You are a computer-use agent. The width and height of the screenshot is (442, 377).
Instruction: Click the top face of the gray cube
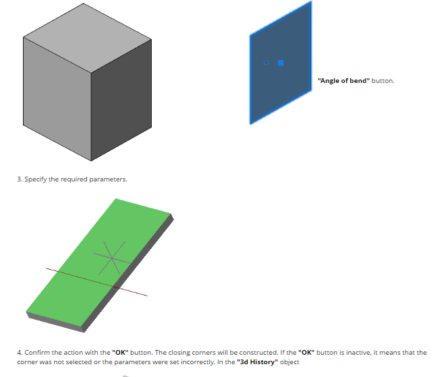tap(87, 38)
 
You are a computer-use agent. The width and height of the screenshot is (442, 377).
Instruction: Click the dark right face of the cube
tap(121, 100)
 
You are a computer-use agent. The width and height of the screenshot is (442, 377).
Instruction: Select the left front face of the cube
tap(57, 98)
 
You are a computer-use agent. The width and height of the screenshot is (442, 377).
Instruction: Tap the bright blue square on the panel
tap(281, 63)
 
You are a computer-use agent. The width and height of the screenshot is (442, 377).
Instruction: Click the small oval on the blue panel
tap(267, 63)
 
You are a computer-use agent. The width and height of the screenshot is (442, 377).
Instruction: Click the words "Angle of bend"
tap(343, 81)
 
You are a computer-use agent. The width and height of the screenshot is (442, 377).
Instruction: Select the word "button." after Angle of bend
tap(383, 81)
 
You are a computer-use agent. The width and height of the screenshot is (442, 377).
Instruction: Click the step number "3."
tap(20, 179)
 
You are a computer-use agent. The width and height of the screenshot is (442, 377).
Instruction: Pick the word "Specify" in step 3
tap(36, 179)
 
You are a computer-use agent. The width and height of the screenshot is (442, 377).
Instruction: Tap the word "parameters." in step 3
tap(108, 179)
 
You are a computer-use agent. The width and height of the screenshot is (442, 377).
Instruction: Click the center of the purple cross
tap(112, 258)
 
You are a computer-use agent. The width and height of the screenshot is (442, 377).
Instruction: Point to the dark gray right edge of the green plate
tap(128, 272)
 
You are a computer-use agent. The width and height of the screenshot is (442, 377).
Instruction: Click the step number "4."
tap(20, 353)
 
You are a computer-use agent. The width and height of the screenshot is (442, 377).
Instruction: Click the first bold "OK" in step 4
tap(120, 353)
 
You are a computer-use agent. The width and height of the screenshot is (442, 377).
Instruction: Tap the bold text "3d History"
tap(257, 362)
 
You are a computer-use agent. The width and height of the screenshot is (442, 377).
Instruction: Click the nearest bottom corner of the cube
tap(91, 161)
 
